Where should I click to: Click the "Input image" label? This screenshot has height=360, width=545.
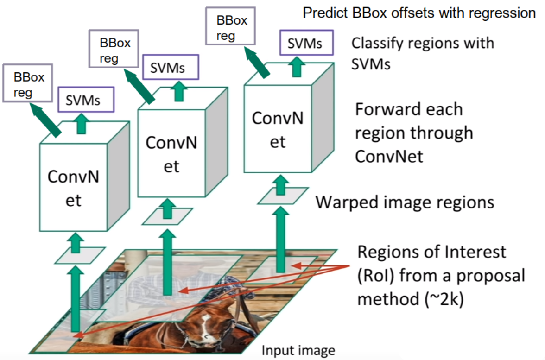(298, 351)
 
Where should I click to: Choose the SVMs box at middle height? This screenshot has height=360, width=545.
(169, 68)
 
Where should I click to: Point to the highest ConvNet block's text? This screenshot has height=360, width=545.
(278, 129)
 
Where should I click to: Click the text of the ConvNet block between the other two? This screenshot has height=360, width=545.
(171, 154)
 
